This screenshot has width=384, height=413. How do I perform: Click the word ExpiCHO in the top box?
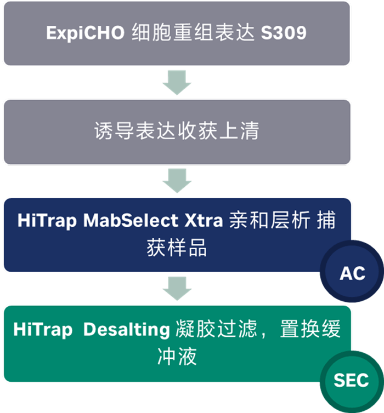(85, 33)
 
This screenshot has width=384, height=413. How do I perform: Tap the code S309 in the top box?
(284, 33)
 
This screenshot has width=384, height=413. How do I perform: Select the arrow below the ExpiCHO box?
(177, 83)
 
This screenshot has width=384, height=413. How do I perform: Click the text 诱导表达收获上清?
(177, 131)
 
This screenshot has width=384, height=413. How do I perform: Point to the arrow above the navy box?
(177, 181)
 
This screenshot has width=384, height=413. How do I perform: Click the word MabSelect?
(131, 220)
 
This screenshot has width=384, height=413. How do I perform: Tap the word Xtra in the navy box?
(204, 220)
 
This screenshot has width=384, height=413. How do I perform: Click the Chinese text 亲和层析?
(269, 220)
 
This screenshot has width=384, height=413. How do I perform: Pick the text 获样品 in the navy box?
(177, 248)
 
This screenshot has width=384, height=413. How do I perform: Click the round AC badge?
(352, 271)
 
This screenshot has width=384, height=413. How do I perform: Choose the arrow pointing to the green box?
(177, 289)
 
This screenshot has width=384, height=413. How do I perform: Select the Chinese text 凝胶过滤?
(216, 329)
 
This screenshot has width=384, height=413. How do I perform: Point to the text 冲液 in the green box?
(177, 356)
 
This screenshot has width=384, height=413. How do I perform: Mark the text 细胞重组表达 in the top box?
(193, 33)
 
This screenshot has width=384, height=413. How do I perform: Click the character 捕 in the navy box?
(326, 220)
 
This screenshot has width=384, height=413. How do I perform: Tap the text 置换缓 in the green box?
(310, 329)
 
